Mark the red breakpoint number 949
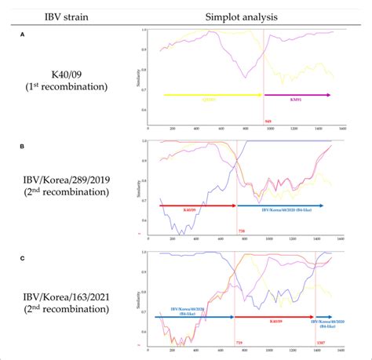[x=268, y=122]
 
